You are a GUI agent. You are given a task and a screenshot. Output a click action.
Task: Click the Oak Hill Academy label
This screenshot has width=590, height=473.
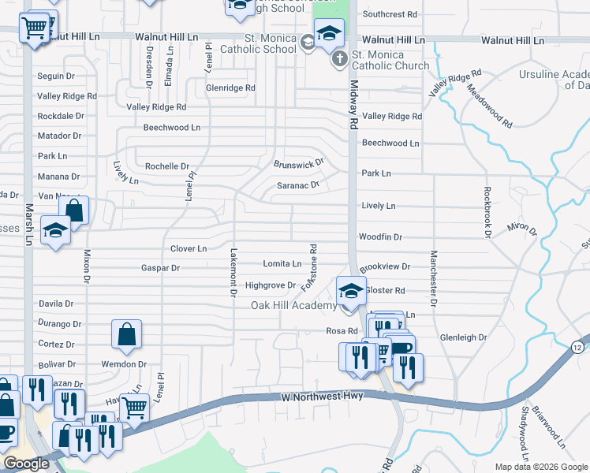(293, 306)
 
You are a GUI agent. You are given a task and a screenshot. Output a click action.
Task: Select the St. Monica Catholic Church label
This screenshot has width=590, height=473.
(389, 61)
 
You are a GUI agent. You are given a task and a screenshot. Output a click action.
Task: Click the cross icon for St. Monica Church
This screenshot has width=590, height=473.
(338, 58)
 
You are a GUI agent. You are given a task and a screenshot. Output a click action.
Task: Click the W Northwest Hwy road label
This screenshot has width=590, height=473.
(322, 397)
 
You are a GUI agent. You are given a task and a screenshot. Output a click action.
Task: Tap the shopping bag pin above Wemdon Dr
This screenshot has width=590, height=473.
(126, 335)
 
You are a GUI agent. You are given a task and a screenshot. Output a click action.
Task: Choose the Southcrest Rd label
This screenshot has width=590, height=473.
(390, 14)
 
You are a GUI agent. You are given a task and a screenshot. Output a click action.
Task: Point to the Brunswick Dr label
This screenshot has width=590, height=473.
(299, 163)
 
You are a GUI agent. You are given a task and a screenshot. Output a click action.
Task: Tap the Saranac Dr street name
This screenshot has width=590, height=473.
(297, 185)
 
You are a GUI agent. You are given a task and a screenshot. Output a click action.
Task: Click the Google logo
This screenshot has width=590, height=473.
(26, 464)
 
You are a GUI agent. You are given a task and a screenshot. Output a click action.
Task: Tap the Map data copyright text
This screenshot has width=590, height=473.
(540, 467)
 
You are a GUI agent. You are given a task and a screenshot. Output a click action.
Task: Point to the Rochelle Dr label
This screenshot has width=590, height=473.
(168, 166)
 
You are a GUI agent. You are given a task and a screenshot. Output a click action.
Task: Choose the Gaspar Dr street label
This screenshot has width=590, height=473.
(159, 268)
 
